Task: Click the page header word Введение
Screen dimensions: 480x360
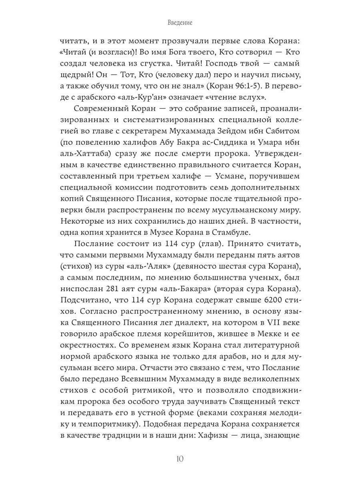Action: (x=180, y=23)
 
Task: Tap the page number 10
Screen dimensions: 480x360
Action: (x=180, y=458)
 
